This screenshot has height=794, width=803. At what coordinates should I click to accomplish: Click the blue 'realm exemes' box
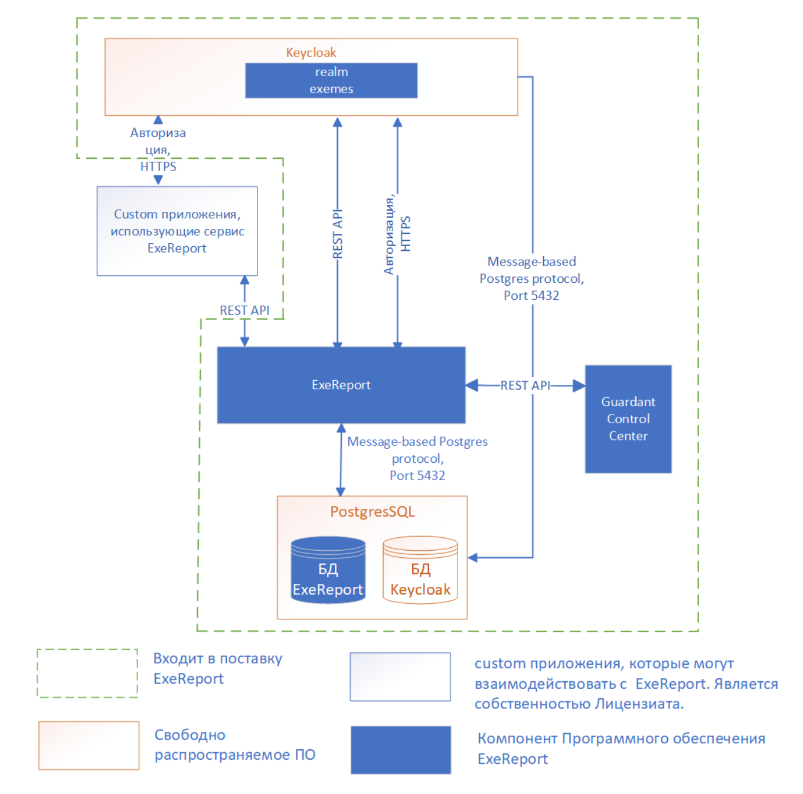click(x=331, y=80)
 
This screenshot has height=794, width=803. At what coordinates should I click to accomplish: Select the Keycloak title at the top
click(x=311, y=53)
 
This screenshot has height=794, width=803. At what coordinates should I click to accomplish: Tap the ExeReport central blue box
click(x=341, y=385)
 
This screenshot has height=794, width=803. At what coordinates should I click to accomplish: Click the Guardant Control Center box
click(x=628, y=419)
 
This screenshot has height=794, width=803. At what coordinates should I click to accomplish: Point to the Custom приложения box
click(x=177, y=231)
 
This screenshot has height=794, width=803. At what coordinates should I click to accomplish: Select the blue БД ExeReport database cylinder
click(x=328, y=570)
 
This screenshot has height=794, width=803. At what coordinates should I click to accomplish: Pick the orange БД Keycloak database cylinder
click(x=420, y=570)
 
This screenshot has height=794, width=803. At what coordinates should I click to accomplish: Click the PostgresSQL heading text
click(x=372, y=511)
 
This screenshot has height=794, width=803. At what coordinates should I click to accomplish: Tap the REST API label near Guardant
click(x=525, y=385)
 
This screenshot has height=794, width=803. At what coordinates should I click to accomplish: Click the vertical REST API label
click(x=338, y=234)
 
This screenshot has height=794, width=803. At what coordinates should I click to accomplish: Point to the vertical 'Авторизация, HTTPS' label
click(x=397, y=234)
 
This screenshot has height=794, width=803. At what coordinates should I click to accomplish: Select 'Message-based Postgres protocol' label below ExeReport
click(x=417, y=450)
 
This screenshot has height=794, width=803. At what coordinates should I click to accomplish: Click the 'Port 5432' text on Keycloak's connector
click(x=531, y=296)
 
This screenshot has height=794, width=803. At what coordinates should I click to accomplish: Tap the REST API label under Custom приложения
click(x=244, y=311)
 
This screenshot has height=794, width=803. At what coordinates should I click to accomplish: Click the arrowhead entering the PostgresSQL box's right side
click(x=472, y=557)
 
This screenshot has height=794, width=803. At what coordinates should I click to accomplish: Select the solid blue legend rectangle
click(x=401, y=750)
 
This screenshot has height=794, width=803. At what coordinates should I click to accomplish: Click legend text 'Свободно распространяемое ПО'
click(x=234, y=744)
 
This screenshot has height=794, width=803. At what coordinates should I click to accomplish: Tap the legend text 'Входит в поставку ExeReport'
click(x=217, y=668)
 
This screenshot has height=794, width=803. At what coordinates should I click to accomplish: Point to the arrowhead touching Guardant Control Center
click(x=579, y=385)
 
